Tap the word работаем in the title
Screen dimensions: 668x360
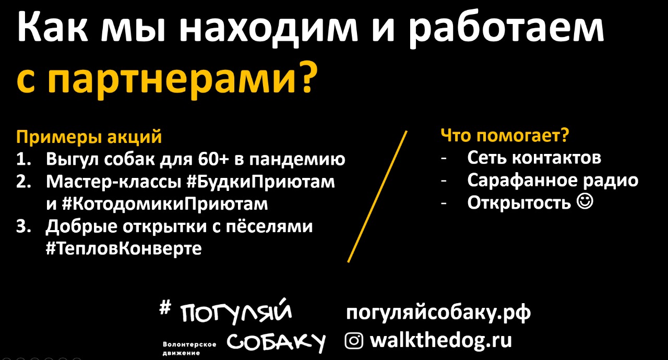pyautogui.click(x=505, y=28)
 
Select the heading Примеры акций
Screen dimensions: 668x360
pyautogui.click(x=89, y=137)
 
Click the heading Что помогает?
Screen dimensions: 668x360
pyautogui.click(x=505, y=136)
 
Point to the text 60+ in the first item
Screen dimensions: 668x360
pyautogui.click(x=213, y=159)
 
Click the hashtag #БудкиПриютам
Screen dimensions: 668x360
pyautogui.click(x=260, y=181)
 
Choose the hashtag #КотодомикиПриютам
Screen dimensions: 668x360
pyautogui.click(x=165, y=204)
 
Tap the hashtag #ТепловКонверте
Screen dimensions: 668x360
pyautogui.click(x=124, y=248)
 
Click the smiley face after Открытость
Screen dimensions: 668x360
pyautogui.click(x=585, y=202)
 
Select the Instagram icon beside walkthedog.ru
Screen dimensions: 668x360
pyautogui.click(x=354, y=341)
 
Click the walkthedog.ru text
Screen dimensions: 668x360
pyautogui.click(x=441, y=340)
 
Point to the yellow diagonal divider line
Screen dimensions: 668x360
pyautogui.click(x=377, y=197)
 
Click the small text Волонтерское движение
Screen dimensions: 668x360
pyautogui.click(x=189, y=349)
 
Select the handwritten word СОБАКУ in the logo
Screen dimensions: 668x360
pyautogui.click(x=276, y=343)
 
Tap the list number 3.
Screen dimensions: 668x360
pyautogui.click(x=23, y=226)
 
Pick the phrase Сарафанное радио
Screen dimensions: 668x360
pyautogui.click(x=553, y=181)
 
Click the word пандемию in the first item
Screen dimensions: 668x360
pyautogui.click(x=297, y=160)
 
